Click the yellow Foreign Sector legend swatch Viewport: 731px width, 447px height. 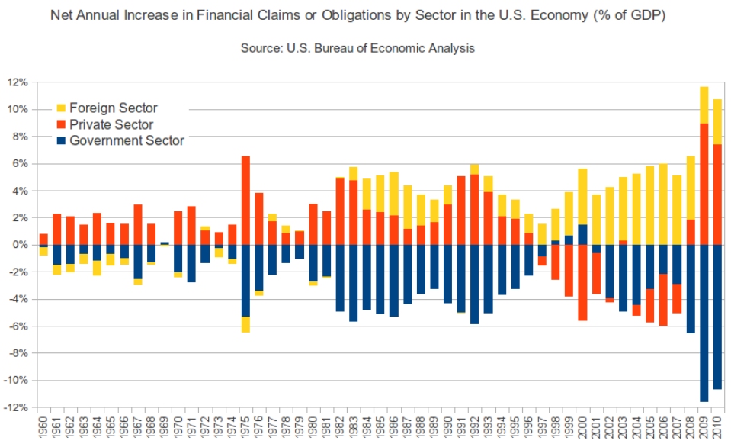pyautogui.click(x=62, y=108)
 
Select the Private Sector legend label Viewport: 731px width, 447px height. pyautogui.click(x=111, y=124)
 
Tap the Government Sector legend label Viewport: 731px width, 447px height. pyautogui.click(x=127, y=140)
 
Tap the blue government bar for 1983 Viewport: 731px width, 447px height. pyautogui.click(x=353, y=283)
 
